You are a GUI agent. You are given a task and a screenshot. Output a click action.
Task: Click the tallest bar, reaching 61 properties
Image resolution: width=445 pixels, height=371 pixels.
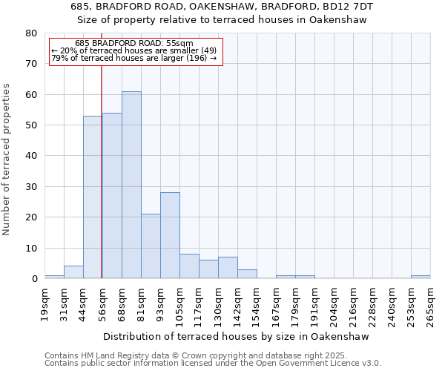(x=131, y=185)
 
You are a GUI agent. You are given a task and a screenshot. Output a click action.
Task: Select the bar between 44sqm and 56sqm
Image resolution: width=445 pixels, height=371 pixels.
(x=93, y=197)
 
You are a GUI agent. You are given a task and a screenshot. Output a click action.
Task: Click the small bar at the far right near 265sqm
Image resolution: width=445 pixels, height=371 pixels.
(x=421, y=277)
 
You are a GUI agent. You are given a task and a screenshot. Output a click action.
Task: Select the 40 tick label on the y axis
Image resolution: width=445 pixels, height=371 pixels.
(x=31, y=156)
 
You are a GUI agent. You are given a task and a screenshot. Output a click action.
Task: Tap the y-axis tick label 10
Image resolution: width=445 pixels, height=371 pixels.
(x=31, y=248)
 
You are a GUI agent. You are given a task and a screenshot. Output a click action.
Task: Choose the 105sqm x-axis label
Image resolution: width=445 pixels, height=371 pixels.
(x=180, y=305)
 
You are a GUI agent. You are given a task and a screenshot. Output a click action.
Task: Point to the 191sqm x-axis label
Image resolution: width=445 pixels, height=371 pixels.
(x=315, y=305)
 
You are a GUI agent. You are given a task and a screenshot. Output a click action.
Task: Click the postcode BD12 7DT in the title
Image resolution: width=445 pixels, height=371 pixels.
(x=349, y=7)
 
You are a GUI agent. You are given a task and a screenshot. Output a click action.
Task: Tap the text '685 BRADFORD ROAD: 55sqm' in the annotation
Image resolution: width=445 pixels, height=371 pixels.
(x=134, y=44)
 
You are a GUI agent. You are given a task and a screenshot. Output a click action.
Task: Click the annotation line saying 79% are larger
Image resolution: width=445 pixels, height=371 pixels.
(x=134, y=59)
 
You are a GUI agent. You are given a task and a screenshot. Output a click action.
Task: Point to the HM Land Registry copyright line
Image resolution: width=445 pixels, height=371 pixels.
(x=196, y=355)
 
